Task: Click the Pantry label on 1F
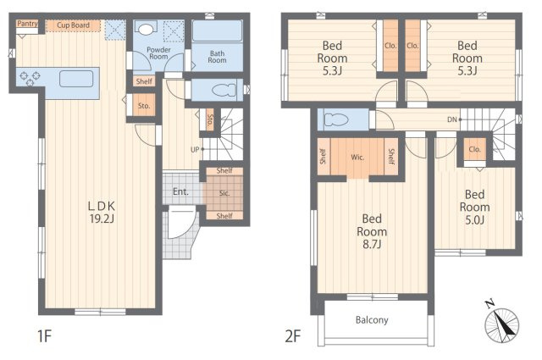pos(27,24)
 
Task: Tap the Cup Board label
pos(73,25)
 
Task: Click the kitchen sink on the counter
pos(76,79)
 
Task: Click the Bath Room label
pos(217,57)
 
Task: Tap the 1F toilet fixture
pos(223,91)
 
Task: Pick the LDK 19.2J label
pos(102,213)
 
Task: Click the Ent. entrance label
pos(180,191)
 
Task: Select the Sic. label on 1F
pos(224,193)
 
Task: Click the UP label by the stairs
pos(195,150)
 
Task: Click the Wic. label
pos(357,158)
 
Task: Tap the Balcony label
pos(372,320)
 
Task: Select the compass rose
pos(502,324)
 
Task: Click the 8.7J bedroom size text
pos(372,245)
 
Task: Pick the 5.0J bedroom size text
pos(474,220)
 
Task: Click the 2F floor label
pos(292,336)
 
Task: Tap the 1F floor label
pos(45,336)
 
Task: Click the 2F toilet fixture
pos(335,120)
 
